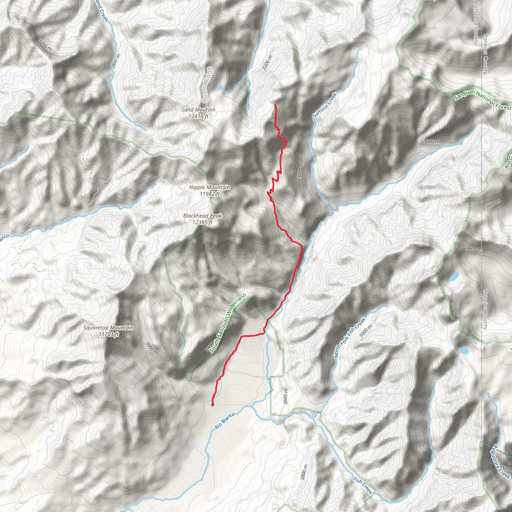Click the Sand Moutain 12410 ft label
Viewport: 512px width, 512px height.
pos(198,113)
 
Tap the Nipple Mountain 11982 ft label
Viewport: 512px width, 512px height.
pos(209,190)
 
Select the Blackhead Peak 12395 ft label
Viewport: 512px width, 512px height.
pos(202,219)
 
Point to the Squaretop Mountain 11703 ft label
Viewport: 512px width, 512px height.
pos(108,331)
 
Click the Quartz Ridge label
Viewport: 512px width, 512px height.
pos(207,85)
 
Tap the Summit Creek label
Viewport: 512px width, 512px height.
pos(325,105)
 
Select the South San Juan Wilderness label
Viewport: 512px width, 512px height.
pos(228,323)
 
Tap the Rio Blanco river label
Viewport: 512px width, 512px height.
pos(225,421)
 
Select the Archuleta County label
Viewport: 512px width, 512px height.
pos(476,22)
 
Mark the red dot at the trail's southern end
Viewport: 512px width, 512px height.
pos(212,405)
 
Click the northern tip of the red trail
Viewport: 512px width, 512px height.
pos(275,105)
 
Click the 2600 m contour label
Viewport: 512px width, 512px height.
pos(285,396)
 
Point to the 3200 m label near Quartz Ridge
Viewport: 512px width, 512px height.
pos(267,62)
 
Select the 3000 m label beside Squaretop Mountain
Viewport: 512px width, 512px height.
pos(151,348)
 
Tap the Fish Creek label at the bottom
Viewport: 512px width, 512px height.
pos(363,485)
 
